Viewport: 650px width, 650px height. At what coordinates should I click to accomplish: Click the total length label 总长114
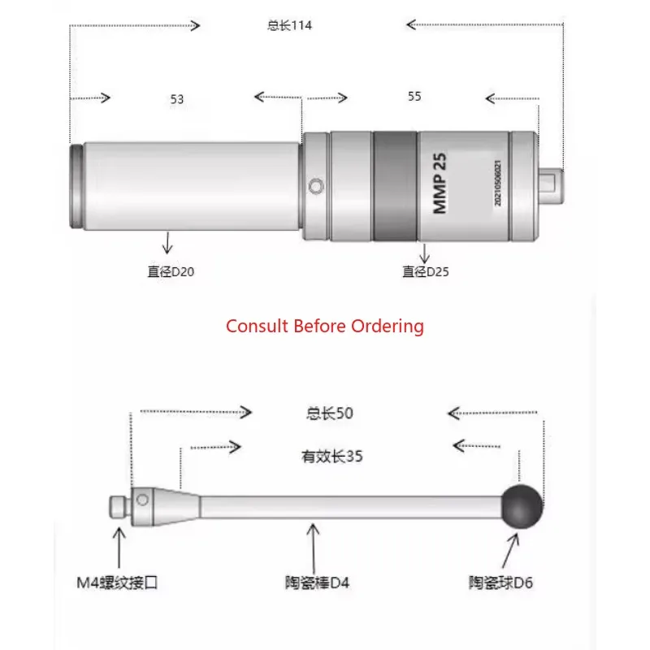[x=289, y=25]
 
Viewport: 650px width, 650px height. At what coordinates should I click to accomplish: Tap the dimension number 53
[x=177, y=99]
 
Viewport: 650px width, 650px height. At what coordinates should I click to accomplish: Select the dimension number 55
[x=414, y=96]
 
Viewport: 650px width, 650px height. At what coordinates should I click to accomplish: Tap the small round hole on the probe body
[x=317, y=187]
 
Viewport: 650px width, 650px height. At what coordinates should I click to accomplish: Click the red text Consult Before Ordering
[x=325, y=326]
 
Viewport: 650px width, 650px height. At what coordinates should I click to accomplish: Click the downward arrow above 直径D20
[x=168, y=243]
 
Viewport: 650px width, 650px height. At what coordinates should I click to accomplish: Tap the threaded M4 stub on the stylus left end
[x=117, y=505]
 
